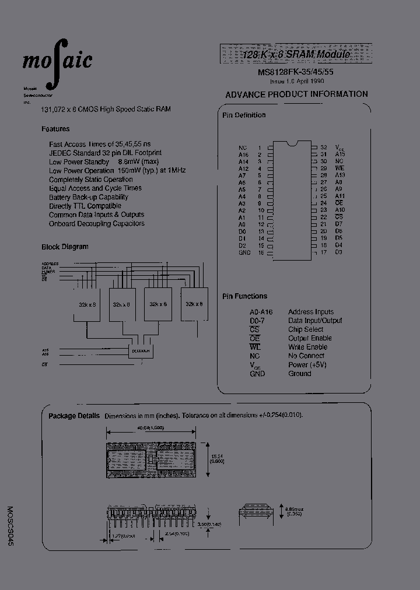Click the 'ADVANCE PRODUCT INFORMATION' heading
[296, 94]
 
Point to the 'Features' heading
[55, 129]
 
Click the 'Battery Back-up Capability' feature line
[89, 197]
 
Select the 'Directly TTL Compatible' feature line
[85, 206]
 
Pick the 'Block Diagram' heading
[65, 247]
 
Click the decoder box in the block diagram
[140, 351]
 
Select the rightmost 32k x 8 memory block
[194, 304]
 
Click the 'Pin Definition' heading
[244, 115]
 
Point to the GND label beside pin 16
[244, 252]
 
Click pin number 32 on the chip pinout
[323, 147]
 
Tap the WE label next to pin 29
[339, 168]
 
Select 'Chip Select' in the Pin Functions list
[305, 329]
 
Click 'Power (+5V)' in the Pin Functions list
[307, 364]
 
